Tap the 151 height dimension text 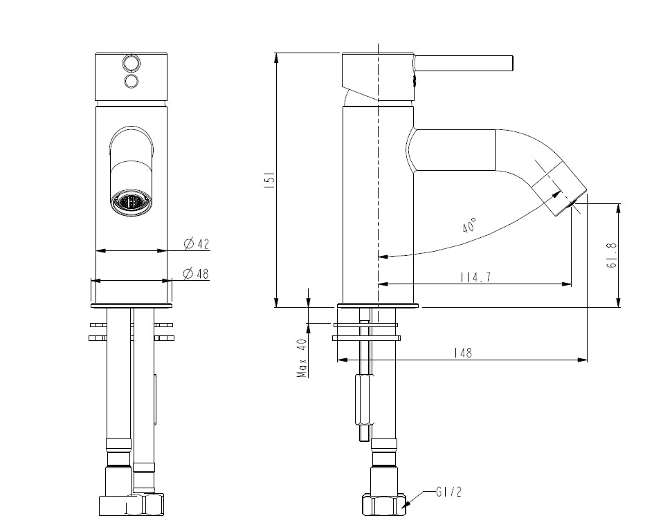pyautogui.click(x=271, y=181)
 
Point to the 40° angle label pyautogui.click(x=469, y=225)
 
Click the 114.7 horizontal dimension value pyautogui.click(x=475, y=277)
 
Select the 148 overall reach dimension pyautogui.click(x=462, y=353)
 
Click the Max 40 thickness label pyautogui.click(x=302, y=358)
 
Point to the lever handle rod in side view pyautogui.click(x=464, y=63)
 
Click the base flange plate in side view pyautogui.click(x=378, y=305)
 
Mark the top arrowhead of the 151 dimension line pyautogui.click(x=276, y=57)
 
